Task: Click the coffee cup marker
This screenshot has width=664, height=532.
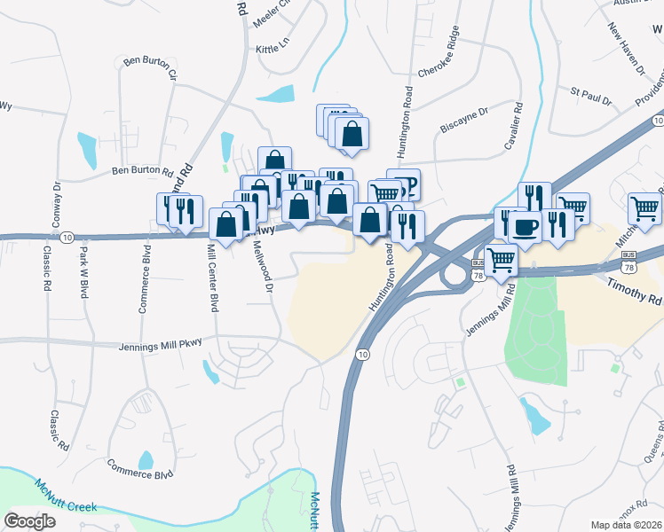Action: coord(525,226)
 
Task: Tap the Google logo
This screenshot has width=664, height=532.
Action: coord(29,520)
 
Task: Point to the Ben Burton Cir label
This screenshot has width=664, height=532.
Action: coord(151,66)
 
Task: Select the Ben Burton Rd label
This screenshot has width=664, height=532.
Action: coord(141,170)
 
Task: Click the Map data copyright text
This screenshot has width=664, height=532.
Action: coord(627,524)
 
